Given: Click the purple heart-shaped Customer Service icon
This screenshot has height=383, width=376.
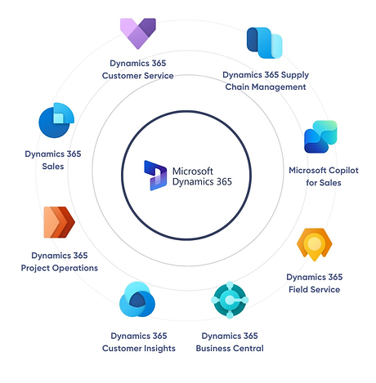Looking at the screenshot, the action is point(138,33).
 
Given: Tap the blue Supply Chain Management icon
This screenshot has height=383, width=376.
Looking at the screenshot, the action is point(264,42).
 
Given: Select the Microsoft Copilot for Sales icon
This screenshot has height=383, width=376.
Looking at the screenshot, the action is point(320,136).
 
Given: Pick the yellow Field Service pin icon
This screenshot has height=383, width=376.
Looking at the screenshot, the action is point(315,244).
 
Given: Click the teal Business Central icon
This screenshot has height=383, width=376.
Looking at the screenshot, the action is point(230,300).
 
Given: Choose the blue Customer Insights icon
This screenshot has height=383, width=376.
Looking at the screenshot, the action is point(137,300).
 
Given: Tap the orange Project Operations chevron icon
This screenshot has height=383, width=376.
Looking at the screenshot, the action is point(59,222).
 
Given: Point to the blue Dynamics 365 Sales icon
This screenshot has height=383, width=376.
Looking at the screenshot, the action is point(56,120).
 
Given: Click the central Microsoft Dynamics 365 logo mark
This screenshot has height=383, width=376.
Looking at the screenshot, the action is point(155,176).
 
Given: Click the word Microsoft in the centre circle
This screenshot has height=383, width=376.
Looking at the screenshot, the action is point(193,171).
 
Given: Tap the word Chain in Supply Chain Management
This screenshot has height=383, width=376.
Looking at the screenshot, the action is point(237,87).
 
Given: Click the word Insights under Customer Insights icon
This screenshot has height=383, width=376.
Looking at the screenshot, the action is point(160,349).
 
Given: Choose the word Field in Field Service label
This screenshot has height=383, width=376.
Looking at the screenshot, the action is point(298,289).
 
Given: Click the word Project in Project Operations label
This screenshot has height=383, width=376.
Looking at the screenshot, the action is point(35,268).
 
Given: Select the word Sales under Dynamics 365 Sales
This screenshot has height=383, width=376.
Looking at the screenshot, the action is point(53,167).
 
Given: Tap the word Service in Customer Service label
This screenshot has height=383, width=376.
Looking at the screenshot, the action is point(159,76).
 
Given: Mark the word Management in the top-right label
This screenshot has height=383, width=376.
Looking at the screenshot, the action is point(279,87).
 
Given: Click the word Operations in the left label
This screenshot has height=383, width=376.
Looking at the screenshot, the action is point(75,268).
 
